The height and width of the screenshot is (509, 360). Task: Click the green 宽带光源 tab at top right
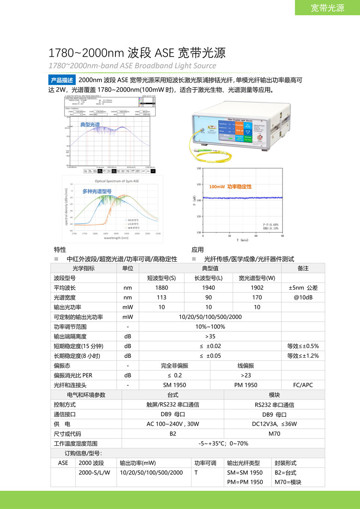pyautogui.click(x=328, y=8)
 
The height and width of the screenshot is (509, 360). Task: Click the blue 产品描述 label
pyautogui.click(x=62, y=80)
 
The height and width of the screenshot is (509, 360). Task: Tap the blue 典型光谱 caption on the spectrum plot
pyautogui.click(x=90, y=125)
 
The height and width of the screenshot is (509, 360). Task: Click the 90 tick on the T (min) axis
pyautogui.click(x=282, y=235)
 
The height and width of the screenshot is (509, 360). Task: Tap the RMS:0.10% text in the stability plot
pyautogui.click(x=271, y=228)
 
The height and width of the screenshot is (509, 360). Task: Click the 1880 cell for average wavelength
pyautogui.click(x=162, y=288)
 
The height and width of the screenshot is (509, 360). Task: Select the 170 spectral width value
pyautogui.click(x=257, y=298)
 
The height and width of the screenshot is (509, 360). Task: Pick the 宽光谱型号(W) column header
pyautogui.click(x=257, y=278)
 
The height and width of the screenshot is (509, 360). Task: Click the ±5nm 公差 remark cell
pyautogui.click(x=303, y=288)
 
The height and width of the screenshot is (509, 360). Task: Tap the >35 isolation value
pyautogui.click(x=210, y=336)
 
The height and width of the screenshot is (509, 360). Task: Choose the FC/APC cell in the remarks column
pyautogui.click(x=303, y=385)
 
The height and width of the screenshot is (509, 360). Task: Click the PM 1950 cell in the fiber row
pyautogui.click(x=246, y=385)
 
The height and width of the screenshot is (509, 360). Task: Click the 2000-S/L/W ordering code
pyautogui.click(x=95, y=473)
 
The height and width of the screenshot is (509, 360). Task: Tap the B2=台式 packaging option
pyautogui.click(x=285, y=473)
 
